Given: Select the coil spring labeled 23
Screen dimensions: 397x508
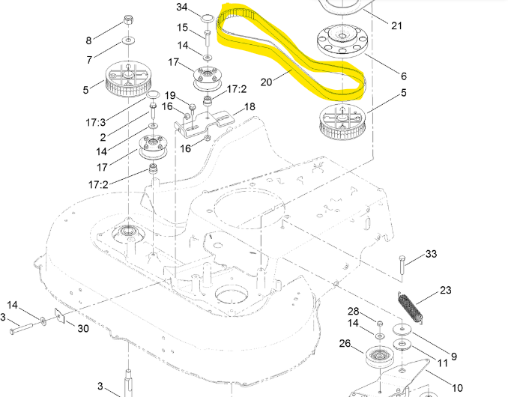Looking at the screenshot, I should click(x=411, y=308).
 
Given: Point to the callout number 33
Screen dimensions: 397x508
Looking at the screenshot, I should click(x=431, y=255).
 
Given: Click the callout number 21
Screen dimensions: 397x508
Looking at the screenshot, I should click(x=396, y=25).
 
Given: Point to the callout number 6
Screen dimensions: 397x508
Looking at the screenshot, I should click(x=404, y=76).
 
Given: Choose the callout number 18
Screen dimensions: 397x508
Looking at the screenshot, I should click(x=250, y=107).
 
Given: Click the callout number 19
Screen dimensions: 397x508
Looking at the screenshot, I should click(x=170, y=95).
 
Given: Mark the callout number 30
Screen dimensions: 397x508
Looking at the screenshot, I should click(x=82, y=328).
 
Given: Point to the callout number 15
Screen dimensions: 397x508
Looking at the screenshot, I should click(x=183, y=28).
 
